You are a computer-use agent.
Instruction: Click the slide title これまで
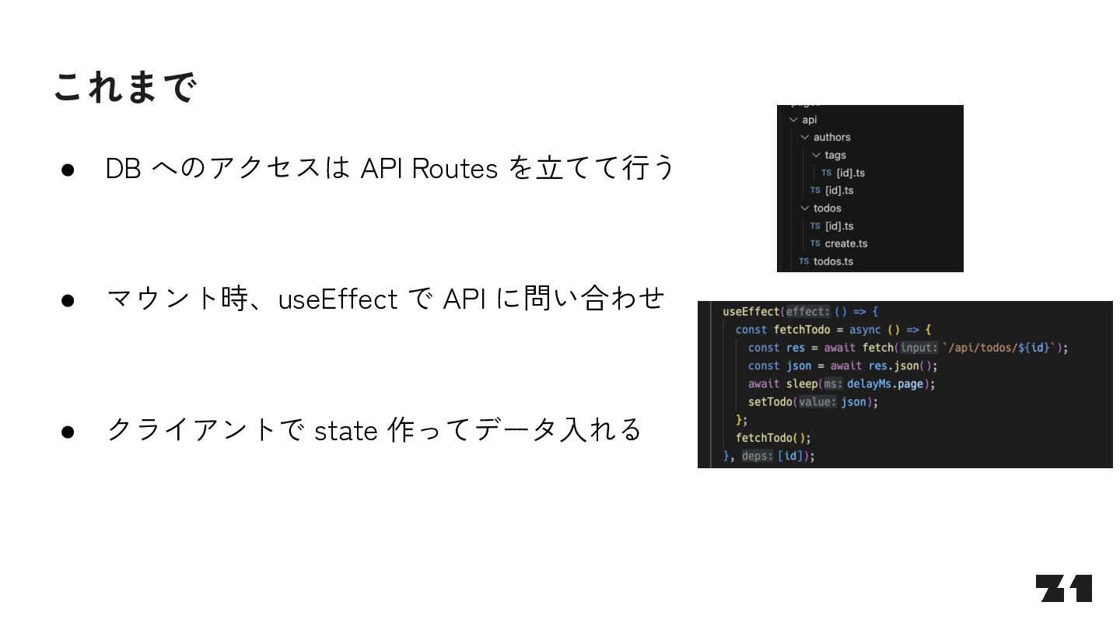[124, 87]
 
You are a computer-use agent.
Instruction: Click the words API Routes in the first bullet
[429, 168]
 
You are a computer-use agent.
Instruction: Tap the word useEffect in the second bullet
[338, 299]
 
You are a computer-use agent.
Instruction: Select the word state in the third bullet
[346, 430]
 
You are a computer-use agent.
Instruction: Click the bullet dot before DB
[67, 170]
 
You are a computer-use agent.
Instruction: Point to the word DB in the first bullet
[123, 169]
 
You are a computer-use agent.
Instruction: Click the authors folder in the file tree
[831, 138]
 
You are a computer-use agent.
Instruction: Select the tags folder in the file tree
[835, 155]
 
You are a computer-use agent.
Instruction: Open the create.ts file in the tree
[845, 243]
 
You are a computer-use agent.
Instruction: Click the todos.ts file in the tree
[833, 261]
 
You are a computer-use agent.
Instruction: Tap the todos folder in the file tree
[827, 208]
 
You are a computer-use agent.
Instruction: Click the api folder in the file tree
[810, 120]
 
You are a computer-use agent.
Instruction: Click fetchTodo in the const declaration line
[801, 330]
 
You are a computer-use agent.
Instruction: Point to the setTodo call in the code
[770, 402]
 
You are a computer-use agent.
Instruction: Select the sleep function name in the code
[802, 384]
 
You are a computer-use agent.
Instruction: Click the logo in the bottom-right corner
[1063, 589]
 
